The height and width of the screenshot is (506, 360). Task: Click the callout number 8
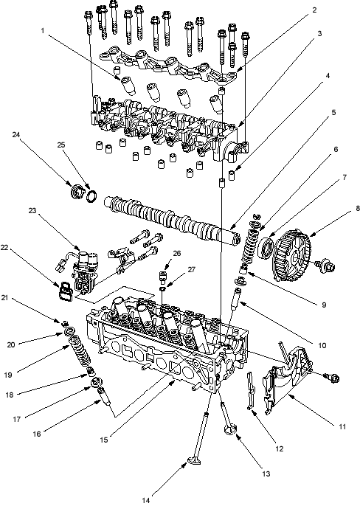(357, 209)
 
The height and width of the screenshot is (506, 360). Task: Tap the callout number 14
(146, 501)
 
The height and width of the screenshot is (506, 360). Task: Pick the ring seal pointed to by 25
(92, 196)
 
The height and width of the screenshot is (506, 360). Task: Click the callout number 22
(4, 247)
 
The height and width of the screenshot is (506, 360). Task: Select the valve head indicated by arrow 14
(194, 460)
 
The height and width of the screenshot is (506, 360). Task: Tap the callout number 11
(342, 426)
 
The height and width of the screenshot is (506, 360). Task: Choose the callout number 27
(192, 269)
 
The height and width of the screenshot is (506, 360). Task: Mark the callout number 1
(42, 31)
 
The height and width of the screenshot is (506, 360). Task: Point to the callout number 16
(37, 434)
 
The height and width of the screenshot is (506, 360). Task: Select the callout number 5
(334, 112)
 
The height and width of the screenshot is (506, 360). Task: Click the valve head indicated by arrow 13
(230, 430)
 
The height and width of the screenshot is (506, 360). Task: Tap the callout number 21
(4, 298)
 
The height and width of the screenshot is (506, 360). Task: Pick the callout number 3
(319, 34)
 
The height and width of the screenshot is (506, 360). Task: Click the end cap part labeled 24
(77, 191)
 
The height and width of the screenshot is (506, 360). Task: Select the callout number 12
(280, 448)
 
